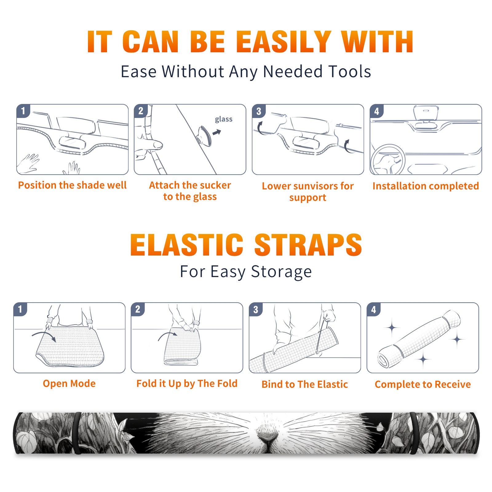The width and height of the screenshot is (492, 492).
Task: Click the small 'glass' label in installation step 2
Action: (224, 119)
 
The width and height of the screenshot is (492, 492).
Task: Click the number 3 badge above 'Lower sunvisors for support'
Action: (259, 111)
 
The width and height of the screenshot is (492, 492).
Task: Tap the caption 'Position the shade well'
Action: (72, 185)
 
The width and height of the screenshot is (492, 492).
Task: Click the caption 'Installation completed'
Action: (426, 186)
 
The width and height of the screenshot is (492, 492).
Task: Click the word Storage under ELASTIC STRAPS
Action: (281, 272)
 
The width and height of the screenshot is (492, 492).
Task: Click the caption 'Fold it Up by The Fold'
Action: (187, 383)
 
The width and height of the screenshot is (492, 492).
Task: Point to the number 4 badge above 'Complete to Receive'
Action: (373, 309)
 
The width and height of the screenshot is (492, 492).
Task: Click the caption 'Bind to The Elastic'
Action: (305, 384)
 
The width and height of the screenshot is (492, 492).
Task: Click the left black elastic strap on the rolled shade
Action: (77, 433)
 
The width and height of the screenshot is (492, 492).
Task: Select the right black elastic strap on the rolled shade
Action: (414, 433)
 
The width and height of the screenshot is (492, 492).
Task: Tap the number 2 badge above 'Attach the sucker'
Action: (141, 111)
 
